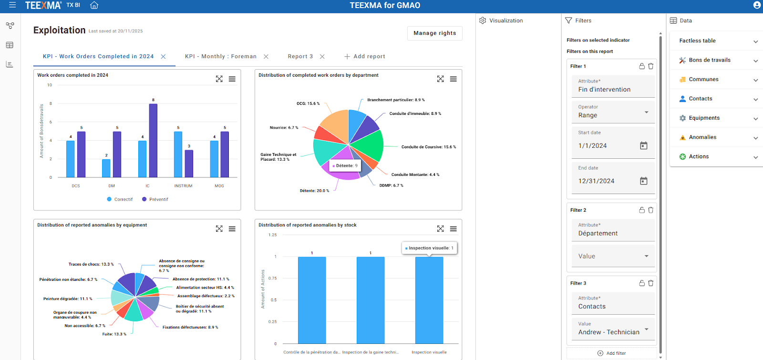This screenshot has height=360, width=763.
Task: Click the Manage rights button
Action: pyautogui.click(x=434, y=33)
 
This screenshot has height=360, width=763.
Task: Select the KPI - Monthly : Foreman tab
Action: pyautogui.click(x=220, y=56)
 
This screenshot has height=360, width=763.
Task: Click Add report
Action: pyautogui.click(x=365, y=56)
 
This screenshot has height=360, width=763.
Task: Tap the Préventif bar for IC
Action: pyautogui.click(x=153, y=140)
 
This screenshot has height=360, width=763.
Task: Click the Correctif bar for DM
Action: pyautogui.click(x=106, y=168)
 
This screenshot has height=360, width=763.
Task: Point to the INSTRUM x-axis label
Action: pyautogui.click(x=183, y=186)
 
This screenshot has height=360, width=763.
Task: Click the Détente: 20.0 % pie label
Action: pyautogui.click(x=314, y=191)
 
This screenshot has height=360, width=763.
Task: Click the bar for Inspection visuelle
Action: pyautogui.click(x=429, y=300)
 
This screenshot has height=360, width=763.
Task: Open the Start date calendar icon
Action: pyautogui.click(x=643, y=145)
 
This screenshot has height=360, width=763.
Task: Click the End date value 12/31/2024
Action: pyautogui.click(x=596, y=181)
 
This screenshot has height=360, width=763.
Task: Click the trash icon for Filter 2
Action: pyautogui.click(x=650, y=210)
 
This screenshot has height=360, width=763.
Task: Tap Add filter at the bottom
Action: pyautogui.click(x=611, y=353)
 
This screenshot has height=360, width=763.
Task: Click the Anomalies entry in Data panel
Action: pyautogui.click(x=702, y=137)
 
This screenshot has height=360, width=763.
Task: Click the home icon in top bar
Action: pyautogui.click(x=94, y=5)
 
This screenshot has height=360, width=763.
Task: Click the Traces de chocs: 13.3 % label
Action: pyautogui.click(x=91, y=264)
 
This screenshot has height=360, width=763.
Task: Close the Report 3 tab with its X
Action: pyautogui.click(x=322, y=56)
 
